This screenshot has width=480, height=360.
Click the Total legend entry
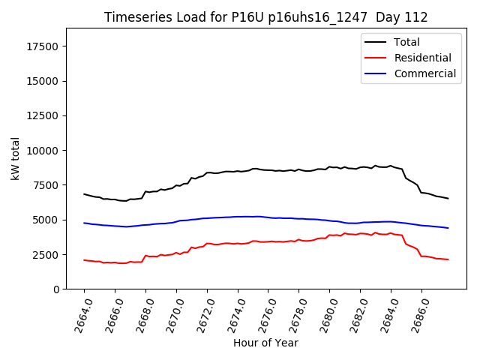tap(406, 42)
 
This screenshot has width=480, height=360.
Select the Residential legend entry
tap(422, 58)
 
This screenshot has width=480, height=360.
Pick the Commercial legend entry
tap(424, 73)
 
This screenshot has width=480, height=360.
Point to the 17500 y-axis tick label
tap(43, 46)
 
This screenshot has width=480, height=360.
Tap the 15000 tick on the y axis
tap(43, 81)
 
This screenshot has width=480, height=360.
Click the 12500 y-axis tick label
tap(43, 115)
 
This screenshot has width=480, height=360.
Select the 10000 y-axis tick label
tap(43, 150)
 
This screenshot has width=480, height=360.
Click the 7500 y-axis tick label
tap(46, 185)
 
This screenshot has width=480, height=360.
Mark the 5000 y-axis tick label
tap(46, 220)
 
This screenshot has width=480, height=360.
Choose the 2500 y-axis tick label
tap(46, 254)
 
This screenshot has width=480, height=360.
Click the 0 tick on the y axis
tap(56, 289)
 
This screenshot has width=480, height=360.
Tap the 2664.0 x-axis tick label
tap(78, 313)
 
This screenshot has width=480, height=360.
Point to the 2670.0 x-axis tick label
tap(170, 313)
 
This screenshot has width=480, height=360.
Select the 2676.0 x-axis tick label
tap(262, 313)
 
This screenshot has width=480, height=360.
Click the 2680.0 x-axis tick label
tap(323, 313)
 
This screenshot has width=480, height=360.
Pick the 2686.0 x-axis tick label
tap(415, 313)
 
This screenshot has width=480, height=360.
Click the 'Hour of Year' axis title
tap(265, 343)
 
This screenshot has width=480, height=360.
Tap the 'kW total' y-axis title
tap(15, 158)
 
